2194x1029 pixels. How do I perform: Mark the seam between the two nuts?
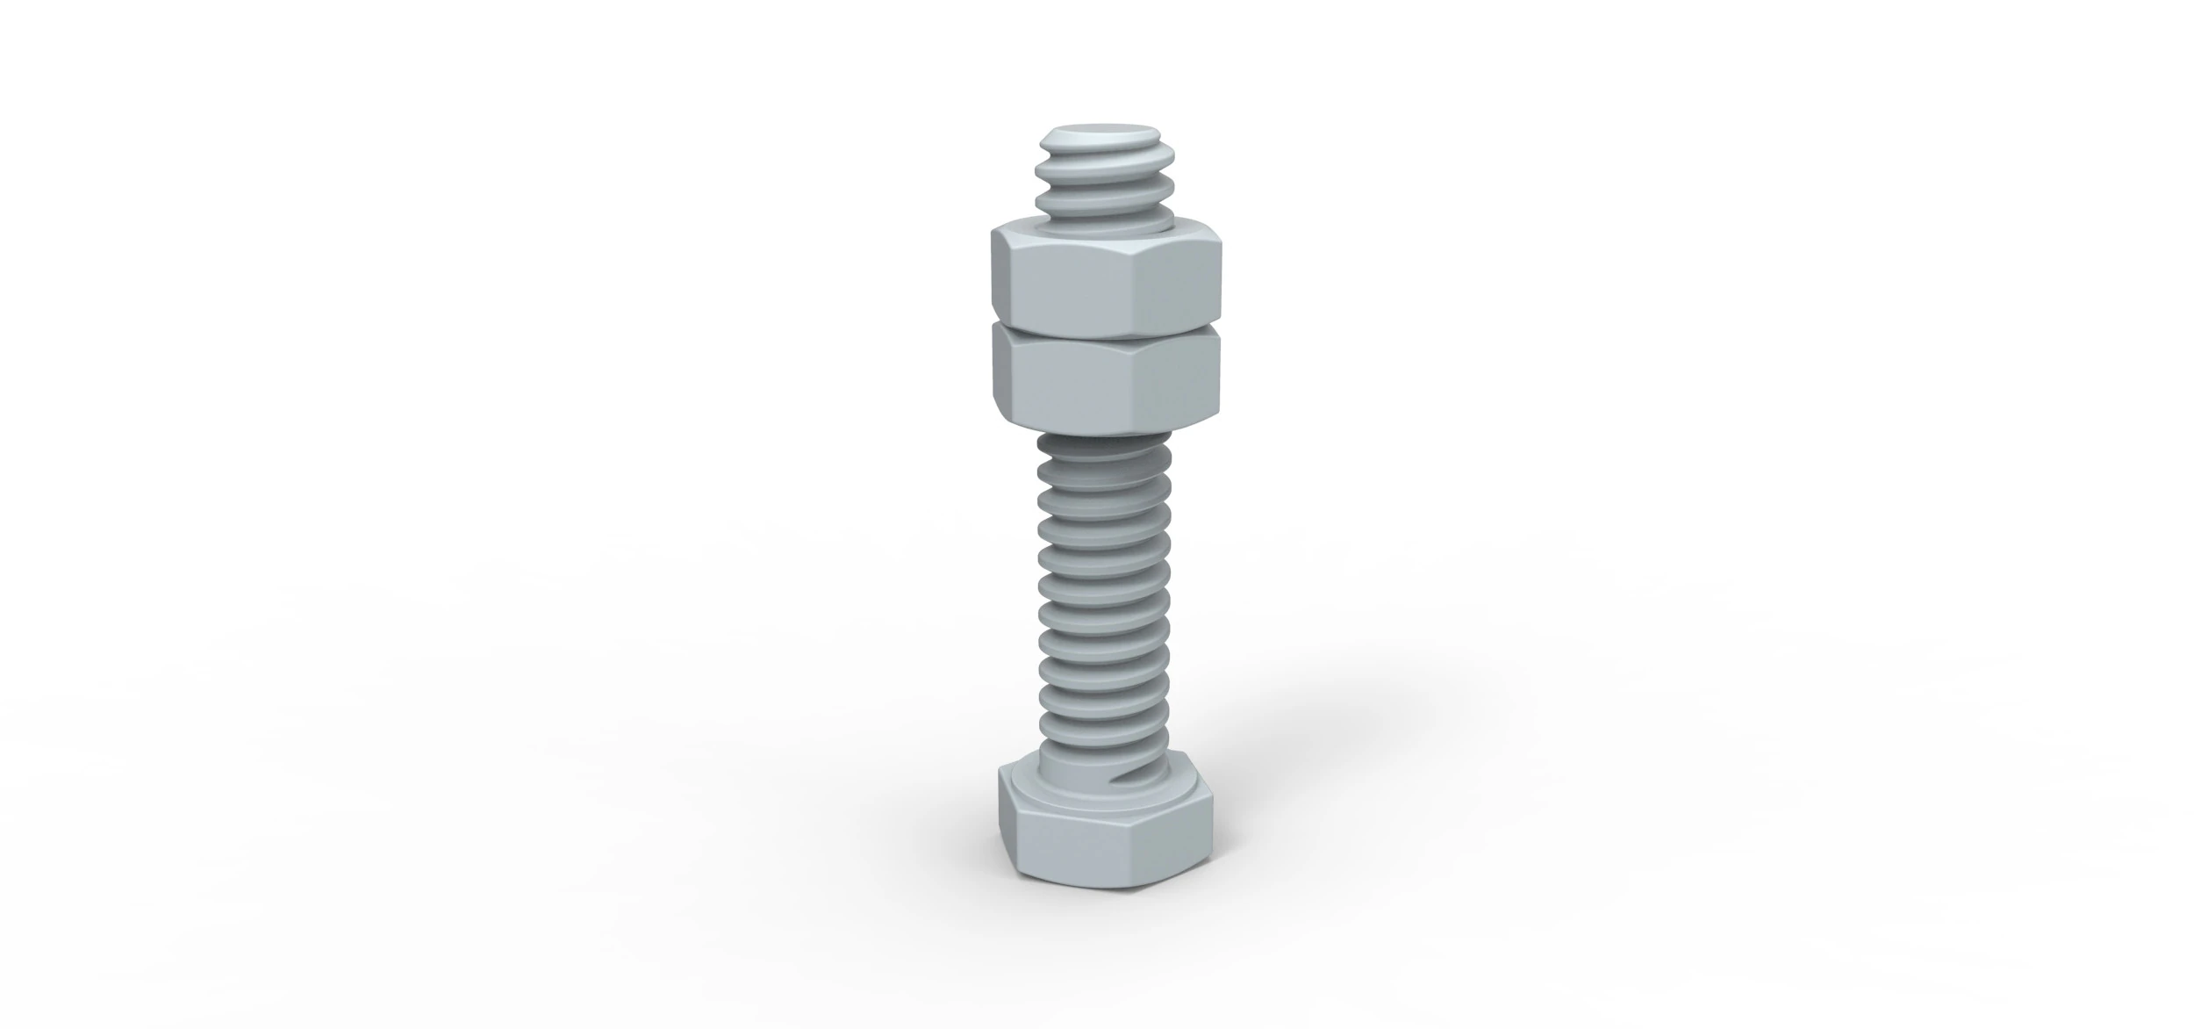point(1106,331)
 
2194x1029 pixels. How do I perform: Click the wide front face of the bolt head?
point(1075,846)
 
